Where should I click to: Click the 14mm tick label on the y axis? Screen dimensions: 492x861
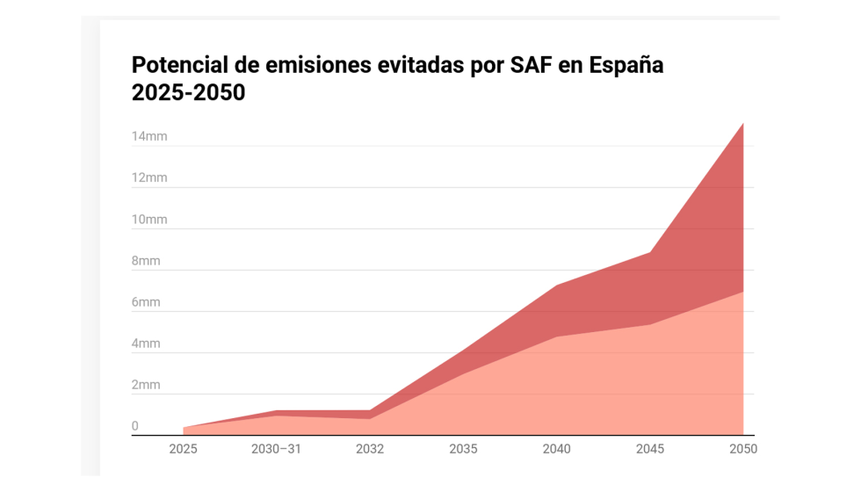coord(149,136)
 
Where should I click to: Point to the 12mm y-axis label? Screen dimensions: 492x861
coord(149,177)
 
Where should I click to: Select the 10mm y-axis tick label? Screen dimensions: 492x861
coord(149,219)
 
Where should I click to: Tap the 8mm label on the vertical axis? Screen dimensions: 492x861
coord(146,261)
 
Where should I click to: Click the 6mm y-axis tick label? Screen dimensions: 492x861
coord(146,302)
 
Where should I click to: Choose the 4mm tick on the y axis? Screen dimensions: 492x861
coord(146,344)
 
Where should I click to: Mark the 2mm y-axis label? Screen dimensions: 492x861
coord(146,385)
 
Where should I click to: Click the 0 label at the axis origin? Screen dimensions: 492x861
coord(135,426)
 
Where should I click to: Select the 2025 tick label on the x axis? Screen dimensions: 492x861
coord(183,449)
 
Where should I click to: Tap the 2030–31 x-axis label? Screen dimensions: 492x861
coord(276,449)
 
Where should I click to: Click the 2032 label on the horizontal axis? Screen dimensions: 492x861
coord(370,449)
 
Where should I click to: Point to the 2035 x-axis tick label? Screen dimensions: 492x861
coord(463,449)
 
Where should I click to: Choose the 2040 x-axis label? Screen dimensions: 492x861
coord(556,449)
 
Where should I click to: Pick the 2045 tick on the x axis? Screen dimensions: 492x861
coord(650,449)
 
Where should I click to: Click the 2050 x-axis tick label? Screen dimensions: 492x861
coord(742,449)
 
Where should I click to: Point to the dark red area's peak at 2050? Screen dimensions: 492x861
coord(742,125)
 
